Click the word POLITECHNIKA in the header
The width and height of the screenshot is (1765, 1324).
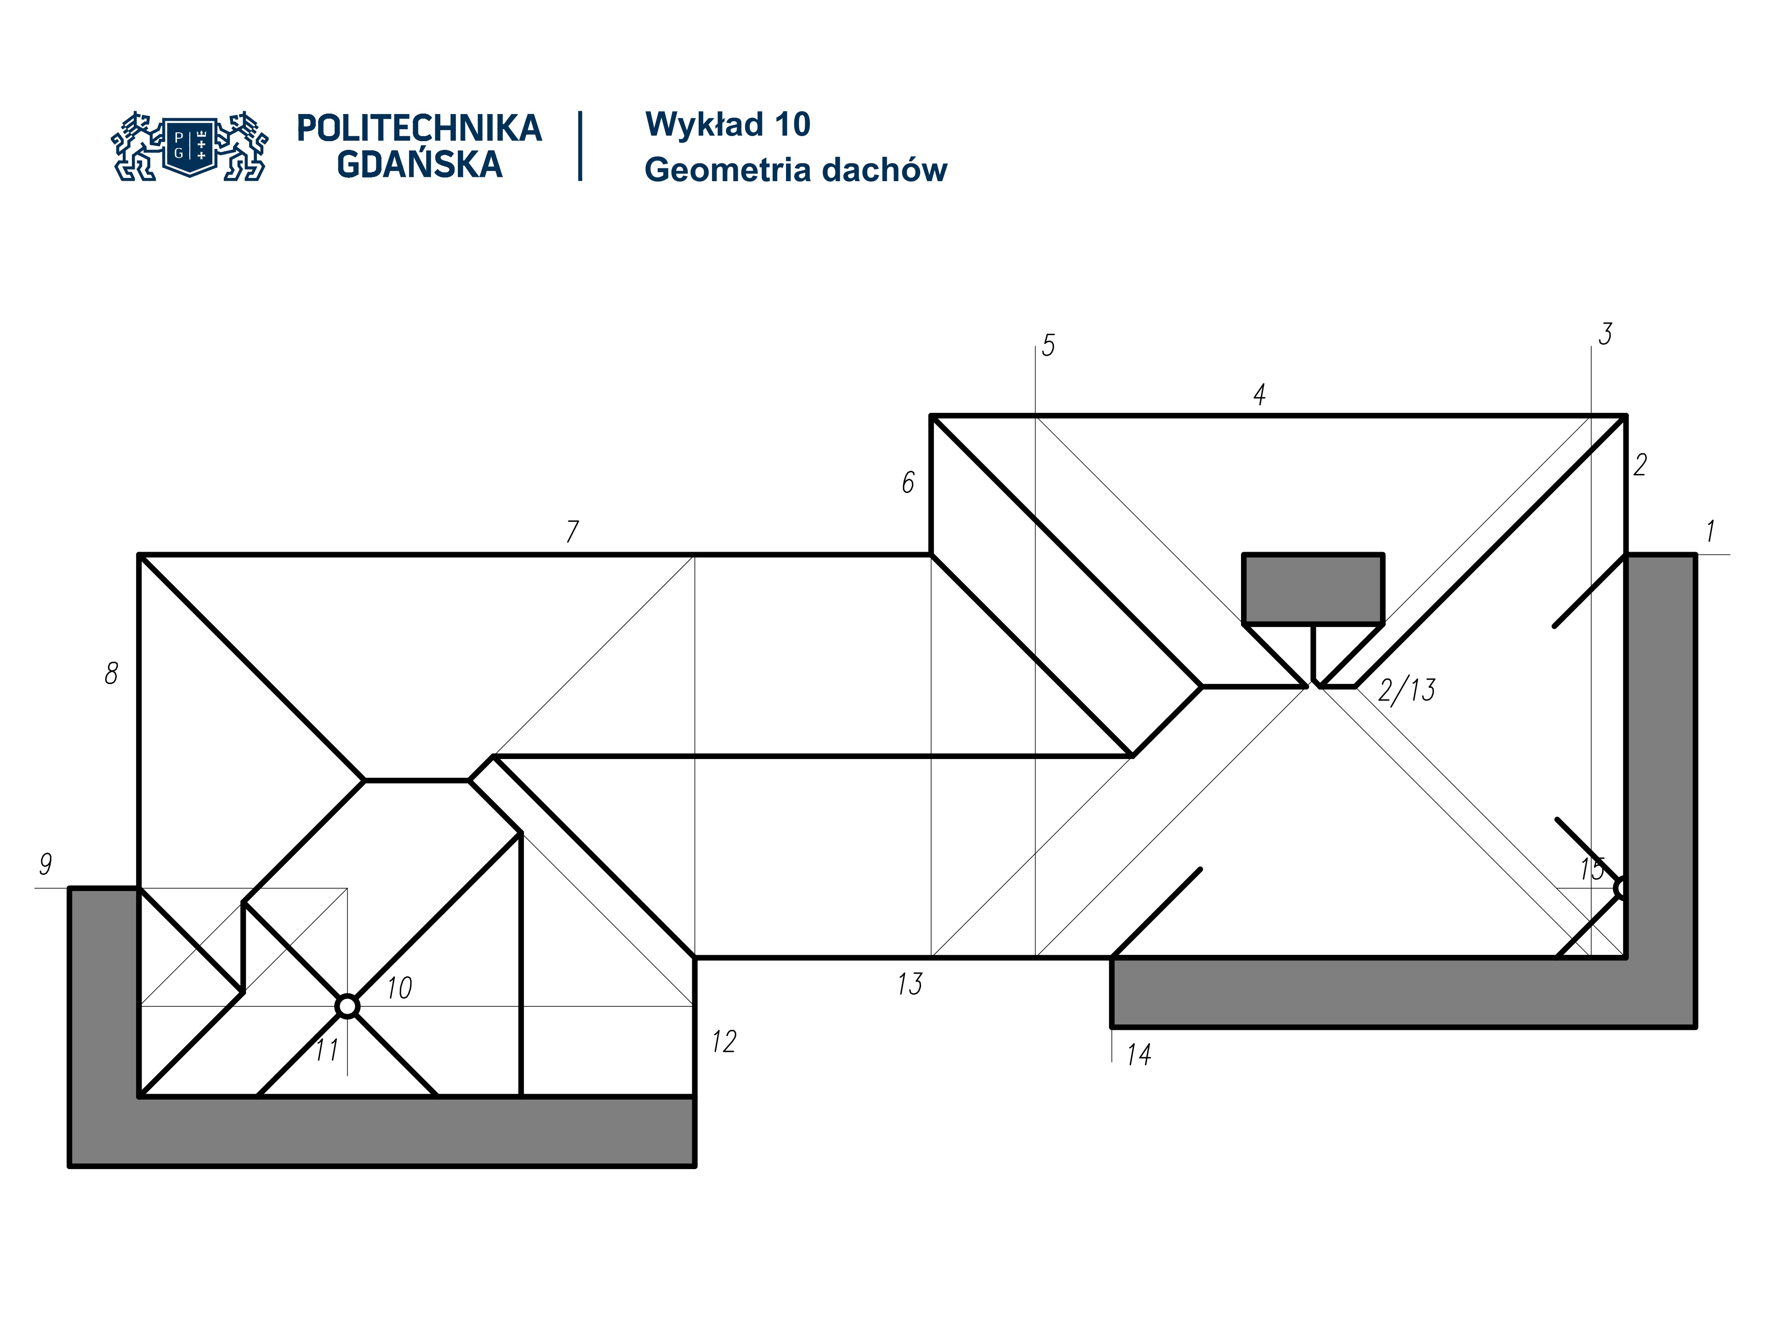point(419,128)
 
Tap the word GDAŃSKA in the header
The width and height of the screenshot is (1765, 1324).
point(419,165)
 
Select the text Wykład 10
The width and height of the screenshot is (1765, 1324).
point(728,125)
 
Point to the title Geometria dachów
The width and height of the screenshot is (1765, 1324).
point(796,170)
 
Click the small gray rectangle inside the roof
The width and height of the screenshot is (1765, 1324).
point(1313,588)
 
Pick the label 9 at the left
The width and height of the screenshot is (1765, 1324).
point(46,863)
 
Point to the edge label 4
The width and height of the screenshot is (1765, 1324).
point(1259,394)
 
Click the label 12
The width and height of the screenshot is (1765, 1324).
point(724,1041)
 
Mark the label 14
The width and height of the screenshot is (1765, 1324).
point(1139,1055)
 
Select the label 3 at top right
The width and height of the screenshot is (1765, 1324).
point(1605,334)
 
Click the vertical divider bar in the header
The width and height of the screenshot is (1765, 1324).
point(580,146)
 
